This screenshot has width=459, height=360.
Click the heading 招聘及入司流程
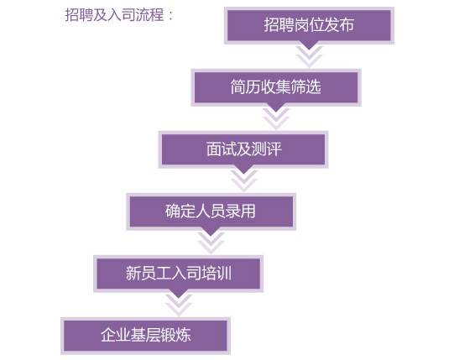[x=114, y=14]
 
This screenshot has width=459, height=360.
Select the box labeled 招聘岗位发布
[x=309, y=26]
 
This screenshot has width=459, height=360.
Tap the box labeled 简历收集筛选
[x=276, y=87]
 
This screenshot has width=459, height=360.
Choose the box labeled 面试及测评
[x=243, y=149]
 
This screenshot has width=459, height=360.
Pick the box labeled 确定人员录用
[x=211, y=211]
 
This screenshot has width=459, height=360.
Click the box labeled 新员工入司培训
[x=178, y=274]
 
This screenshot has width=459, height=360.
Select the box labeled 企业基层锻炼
[x=145, y=336]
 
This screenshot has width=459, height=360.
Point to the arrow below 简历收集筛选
[x=276, y=117]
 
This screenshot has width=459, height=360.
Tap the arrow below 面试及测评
[x=244, y=180]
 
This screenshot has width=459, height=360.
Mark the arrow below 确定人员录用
[x=211, y=242]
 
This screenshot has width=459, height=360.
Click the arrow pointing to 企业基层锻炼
[x=179, y=304]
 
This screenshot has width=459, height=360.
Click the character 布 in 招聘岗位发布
[x=347, y=24]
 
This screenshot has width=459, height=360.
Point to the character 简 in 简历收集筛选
[x=238, y=87]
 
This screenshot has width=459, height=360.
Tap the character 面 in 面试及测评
[x=214, y=149]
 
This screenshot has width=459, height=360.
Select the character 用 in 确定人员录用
[x=248, y=211]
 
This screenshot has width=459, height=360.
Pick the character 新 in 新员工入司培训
[x=133, y=273]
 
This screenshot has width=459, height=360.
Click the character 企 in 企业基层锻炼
[x=108, y=335]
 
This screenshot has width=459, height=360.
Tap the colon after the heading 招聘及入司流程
[x=171, y=15]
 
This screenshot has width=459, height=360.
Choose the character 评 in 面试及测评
[x=274, y=149]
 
